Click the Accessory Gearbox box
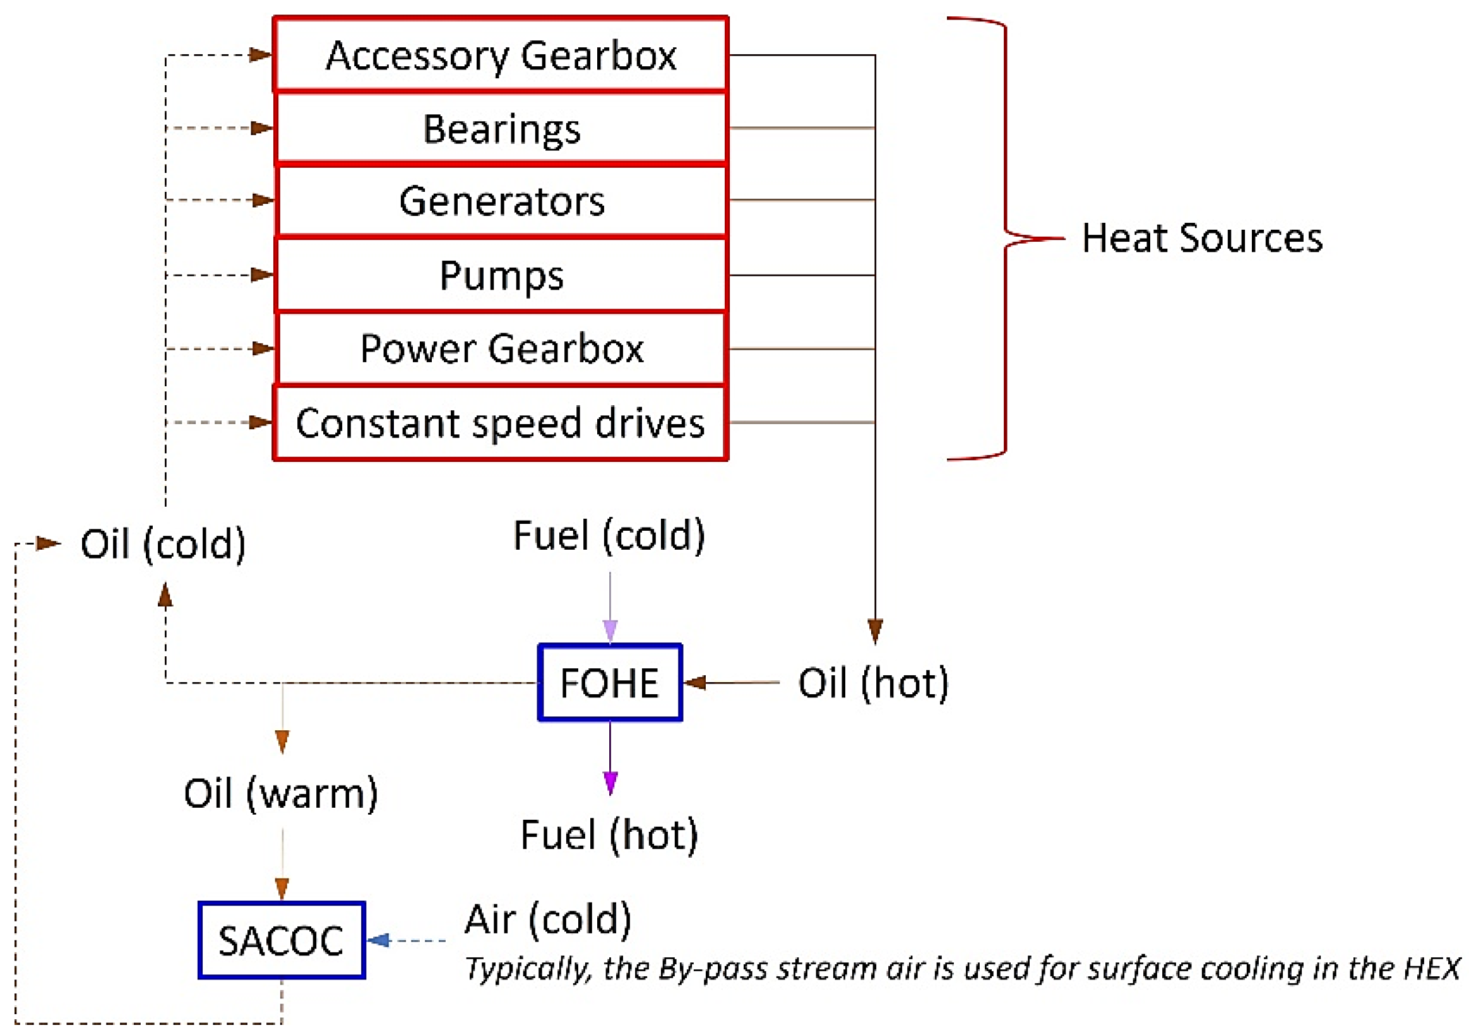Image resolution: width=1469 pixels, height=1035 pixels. tap(501, 55)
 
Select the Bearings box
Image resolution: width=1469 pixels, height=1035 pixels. tap(501, 129)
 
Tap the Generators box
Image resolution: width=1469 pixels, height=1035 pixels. tap(501, 201)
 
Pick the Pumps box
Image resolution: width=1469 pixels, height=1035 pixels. tap(501, 275)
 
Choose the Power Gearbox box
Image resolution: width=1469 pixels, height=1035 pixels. tap(501, 348)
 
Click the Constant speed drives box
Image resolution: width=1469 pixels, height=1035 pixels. tap(501, 423)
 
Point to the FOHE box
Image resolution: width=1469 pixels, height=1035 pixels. tap(610, 683)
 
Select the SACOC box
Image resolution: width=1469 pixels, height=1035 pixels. tap(282, 940)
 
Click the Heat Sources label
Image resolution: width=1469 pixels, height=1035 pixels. tap(1201, 238)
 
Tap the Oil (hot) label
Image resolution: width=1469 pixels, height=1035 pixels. tap(872, 683)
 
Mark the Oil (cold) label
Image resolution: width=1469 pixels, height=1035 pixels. tap(162, 544)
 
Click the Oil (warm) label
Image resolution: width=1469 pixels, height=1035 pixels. tap(280, 793)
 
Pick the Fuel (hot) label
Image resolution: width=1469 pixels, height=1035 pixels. tap(609, 834)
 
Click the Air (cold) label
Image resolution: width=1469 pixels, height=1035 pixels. tap(548, 919)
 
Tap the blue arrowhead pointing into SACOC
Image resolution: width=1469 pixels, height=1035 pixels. tap(379, 940)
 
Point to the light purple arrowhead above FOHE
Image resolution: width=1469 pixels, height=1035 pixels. tap(610, 629)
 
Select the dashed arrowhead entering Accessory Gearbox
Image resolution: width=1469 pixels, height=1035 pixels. tap(260, 55)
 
